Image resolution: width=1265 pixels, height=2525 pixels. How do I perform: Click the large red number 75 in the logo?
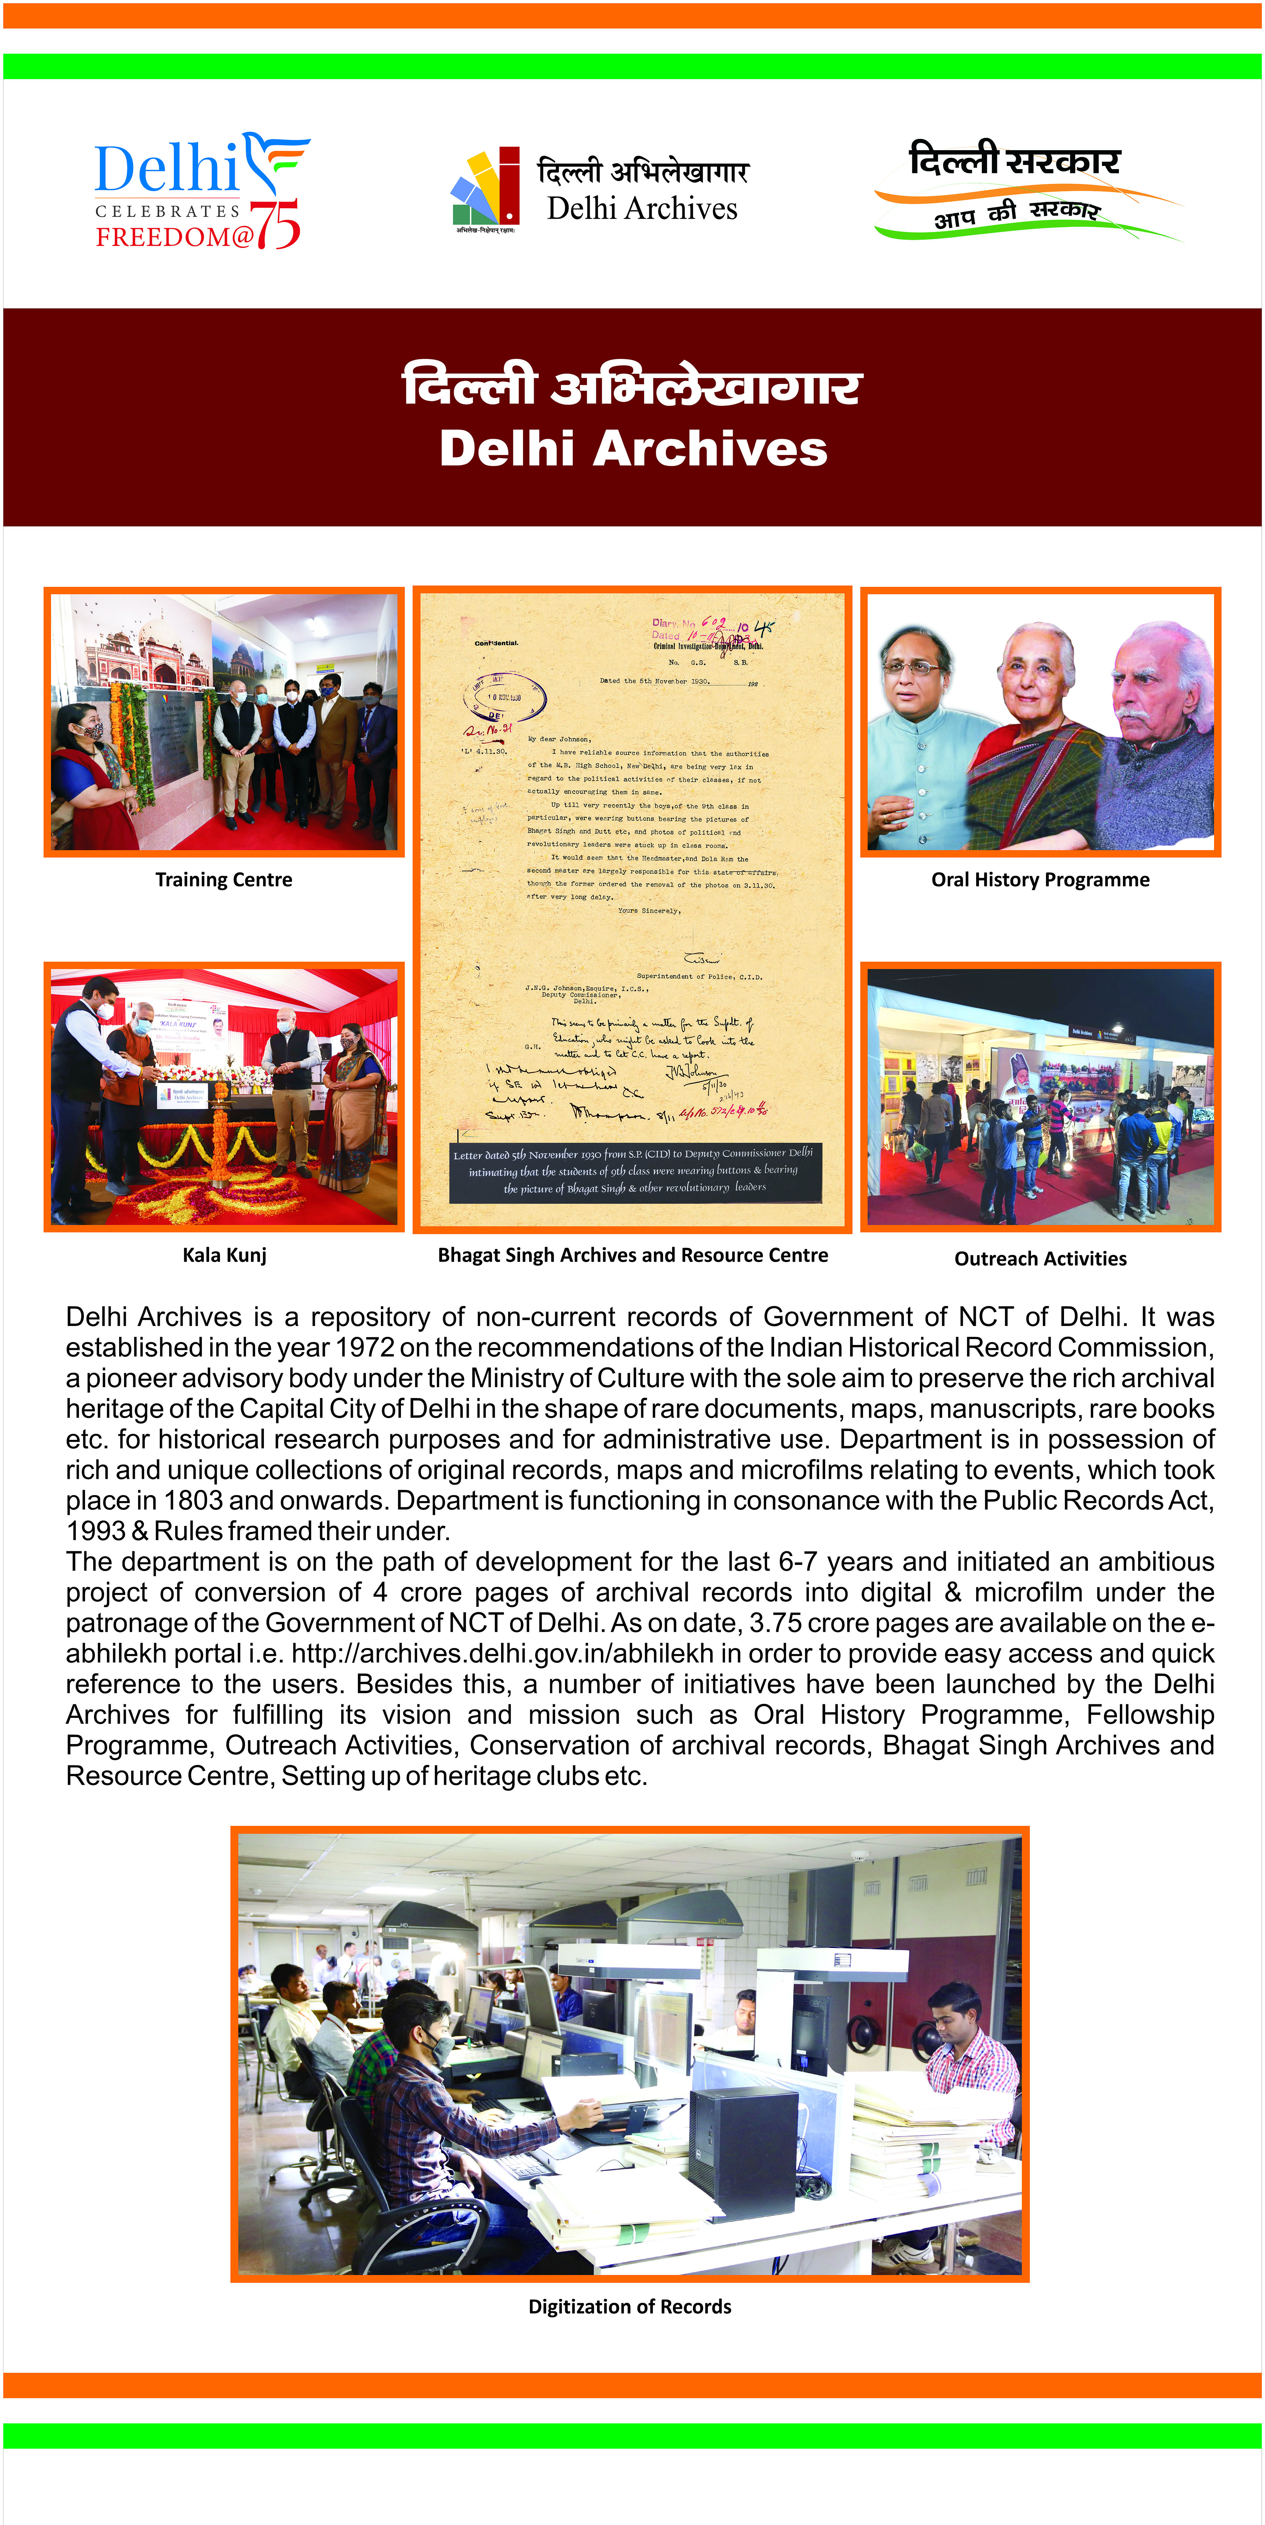(x=275, y=225)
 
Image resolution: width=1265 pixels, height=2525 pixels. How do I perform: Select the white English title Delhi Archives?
(x=633, y=449)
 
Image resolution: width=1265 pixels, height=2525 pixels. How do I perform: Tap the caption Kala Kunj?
(x=225, y=1256)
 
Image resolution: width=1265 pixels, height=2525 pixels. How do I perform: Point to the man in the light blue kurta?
(x=921, y=745)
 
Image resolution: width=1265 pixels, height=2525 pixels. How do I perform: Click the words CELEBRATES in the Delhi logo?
(x=168, y=211)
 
